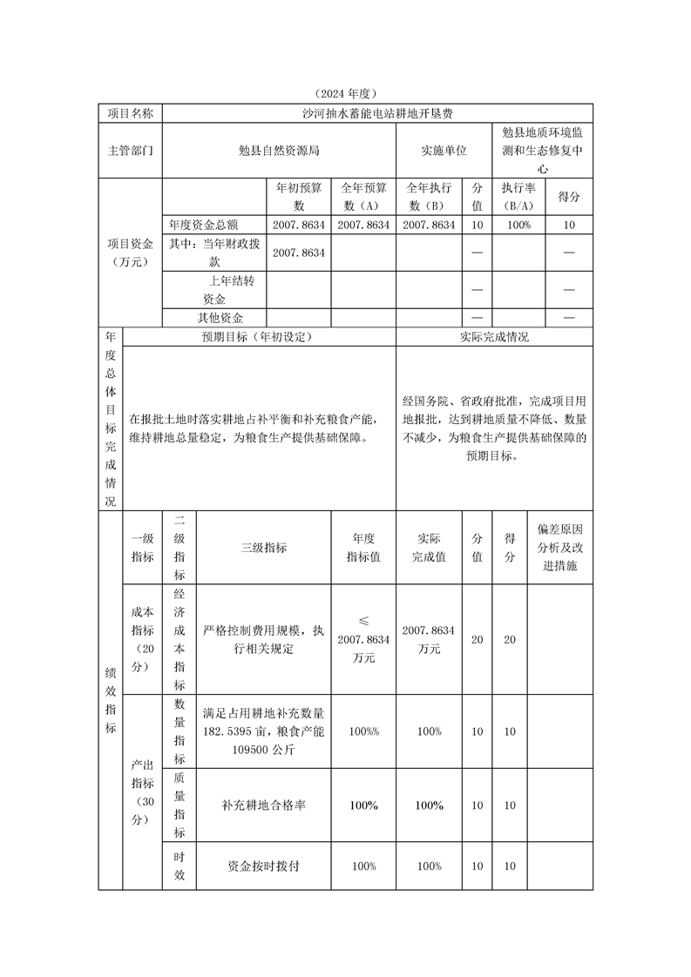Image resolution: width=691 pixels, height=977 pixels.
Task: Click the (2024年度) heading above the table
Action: [346, 93]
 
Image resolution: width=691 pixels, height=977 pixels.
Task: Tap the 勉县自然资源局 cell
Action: [279, 150]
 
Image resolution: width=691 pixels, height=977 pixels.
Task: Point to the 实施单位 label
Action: [444, 150]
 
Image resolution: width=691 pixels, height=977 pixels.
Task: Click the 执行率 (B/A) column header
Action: [518, 196]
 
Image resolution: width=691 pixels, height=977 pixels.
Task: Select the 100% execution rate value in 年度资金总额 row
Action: [518, 224]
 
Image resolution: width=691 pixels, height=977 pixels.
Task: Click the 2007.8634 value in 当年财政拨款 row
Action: [299, 253]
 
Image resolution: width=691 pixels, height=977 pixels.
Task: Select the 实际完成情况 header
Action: [493, 337]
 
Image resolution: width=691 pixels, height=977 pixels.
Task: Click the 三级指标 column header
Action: [263, 548]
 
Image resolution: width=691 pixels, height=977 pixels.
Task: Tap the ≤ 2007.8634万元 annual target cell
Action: [363, 639]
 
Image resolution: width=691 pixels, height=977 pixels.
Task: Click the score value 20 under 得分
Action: [510, 640]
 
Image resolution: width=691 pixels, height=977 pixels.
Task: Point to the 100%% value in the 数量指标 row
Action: [363, 731]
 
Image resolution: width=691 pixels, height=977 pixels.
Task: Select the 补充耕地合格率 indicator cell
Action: [263, 805]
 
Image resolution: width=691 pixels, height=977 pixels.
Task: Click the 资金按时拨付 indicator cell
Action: [263, 866]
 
